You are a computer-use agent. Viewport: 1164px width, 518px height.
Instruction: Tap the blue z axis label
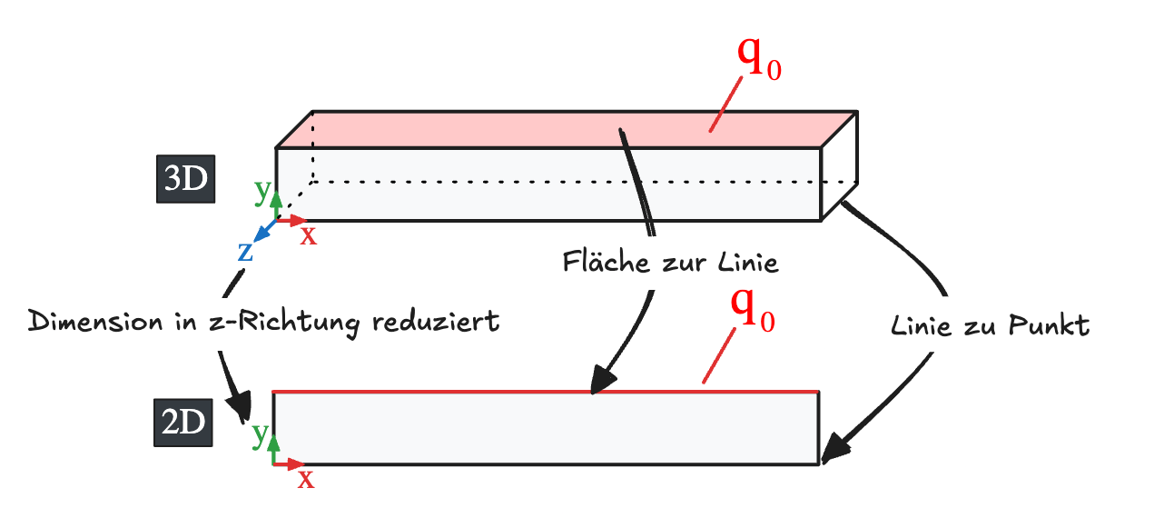(245, 251)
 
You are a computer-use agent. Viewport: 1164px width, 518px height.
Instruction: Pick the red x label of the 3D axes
(309, 234)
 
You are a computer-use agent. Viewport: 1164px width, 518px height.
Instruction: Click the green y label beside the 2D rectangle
(260, 434)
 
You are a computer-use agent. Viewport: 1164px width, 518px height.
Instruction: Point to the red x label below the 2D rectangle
(306, 478)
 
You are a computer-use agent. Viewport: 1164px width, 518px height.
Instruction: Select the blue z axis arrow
(263, 233)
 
